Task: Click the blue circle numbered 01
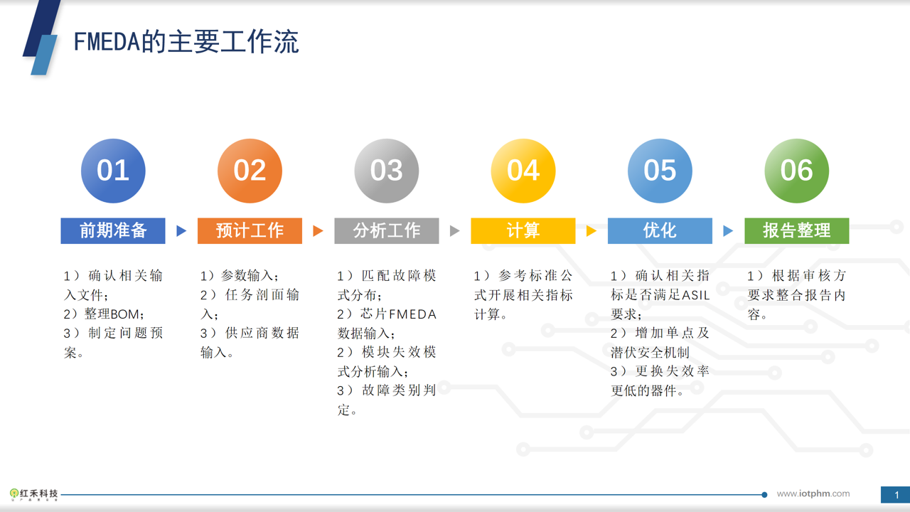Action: click(x=113, y=171)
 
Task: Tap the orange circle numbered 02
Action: click(x=250, y=171)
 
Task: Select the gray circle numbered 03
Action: click(x=387, y=171)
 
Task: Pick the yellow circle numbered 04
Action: click(x=523, y=171)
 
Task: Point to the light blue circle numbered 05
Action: click(x=660, y=171)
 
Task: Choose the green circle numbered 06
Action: click(x=797, y=171)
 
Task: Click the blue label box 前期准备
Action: click(x=113, y=231)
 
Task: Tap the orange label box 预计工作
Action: click(x=250, y=231)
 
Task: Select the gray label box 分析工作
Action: click(x=387, y=231)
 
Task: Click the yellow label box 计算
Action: click(x=523, y=231)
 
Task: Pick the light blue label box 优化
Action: click(x=660, y=231)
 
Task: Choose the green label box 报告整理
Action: click(x=797, y=231)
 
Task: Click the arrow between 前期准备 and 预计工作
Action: click(x=181, y=231)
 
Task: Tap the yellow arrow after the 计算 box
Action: click(x=591, y=231)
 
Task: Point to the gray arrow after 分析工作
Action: click(x=454, y=231)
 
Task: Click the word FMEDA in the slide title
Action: click(x=107, y=42)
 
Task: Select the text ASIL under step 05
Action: click(x=695, y=295)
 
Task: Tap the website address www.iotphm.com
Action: click(x=813, y=494)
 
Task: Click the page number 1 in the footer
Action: click(x=896, y=495)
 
